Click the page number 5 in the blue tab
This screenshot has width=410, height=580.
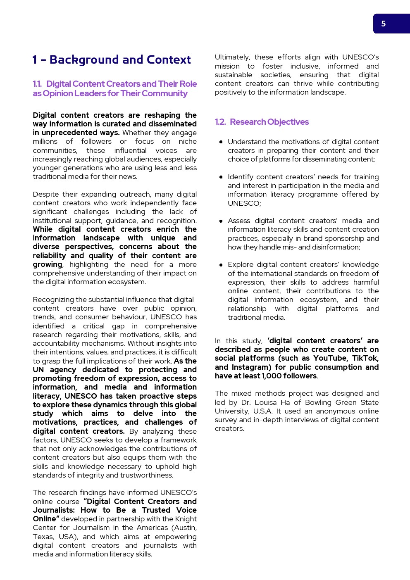pyautogui.click(x=384, y=24)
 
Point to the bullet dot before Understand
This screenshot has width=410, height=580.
pyautogui.click(x=221, y=142)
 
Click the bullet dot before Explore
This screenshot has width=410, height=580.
pyautogui.click(x=221, y=265)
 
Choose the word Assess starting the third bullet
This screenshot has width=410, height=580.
pyautogui.click(x=239, y=221)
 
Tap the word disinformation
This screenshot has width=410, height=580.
pyautogui.click(x=335, y=247)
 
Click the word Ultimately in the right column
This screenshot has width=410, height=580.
pyautogui.click(x=232, y=57)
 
